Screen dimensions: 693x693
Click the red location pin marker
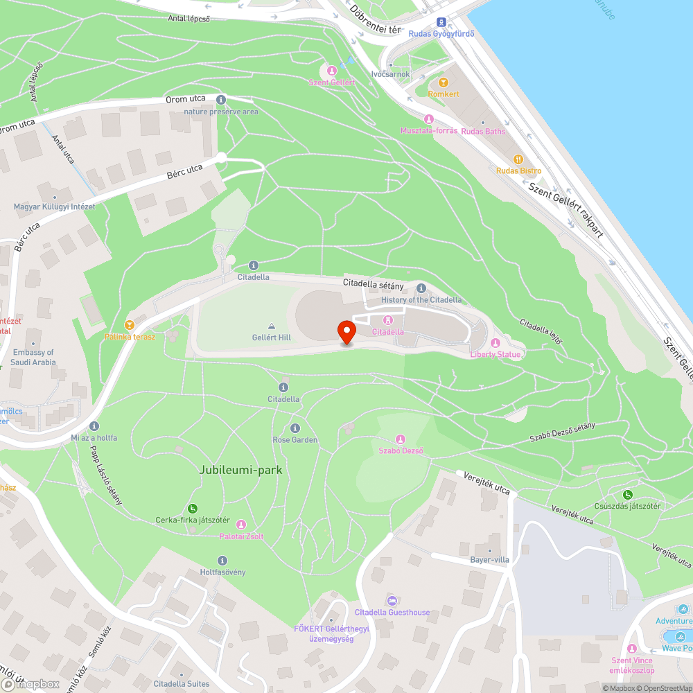(x=346, y=332)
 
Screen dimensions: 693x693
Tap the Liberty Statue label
(x=495, y=355)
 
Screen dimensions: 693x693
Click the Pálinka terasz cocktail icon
(x=129, y=324)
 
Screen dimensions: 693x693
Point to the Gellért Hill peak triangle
(x=271, y=326)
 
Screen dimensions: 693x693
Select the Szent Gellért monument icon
(x=332, y=71)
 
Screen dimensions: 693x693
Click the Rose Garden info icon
(x=295, y=428)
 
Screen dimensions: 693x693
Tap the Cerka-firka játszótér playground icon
(x=192, y=509)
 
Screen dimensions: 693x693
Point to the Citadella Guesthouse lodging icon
(x=392, y=600)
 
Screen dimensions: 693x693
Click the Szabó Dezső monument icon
(x=400, y=439)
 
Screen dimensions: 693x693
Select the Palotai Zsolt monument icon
(x=241, y=525)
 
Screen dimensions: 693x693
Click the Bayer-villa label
(x=490, y=559)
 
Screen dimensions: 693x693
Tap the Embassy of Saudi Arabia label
(x=33, y=357)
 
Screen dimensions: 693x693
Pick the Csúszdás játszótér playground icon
(x=627, y=494)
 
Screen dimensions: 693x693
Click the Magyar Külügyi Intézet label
(x=55, y=207)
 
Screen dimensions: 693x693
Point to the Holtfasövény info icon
(x=222, y=560)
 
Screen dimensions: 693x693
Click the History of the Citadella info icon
(x=421, y=288)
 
